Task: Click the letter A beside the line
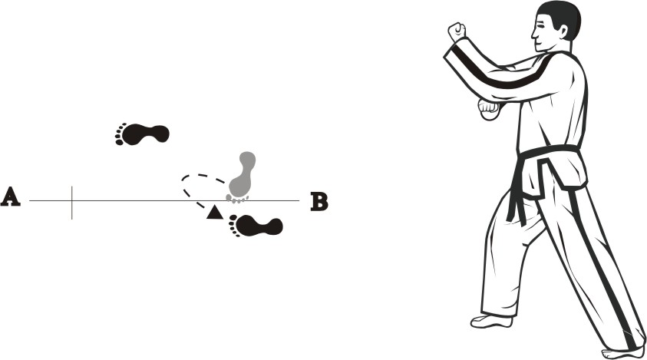tap(11, 197)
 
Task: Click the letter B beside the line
tap(319, 202)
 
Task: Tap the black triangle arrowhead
tap(215, 213)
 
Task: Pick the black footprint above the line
tap(142, 134)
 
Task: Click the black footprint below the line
tap(256, 226)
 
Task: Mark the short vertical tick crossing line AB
tap(72, 203)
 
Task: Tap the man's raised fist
tap(457, 31)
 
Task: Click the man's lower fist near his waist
tap(490, 109)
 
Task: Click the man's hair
tap(563, 18)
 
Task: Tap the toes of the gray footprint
tap(237, 200)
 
